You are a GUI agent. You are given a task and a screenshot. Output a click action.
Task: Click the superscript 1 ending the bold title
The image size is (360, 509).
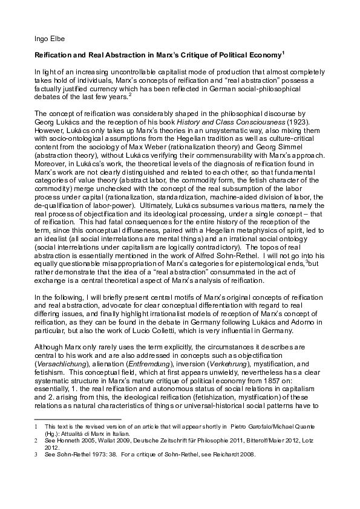(x=283, y=52)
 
